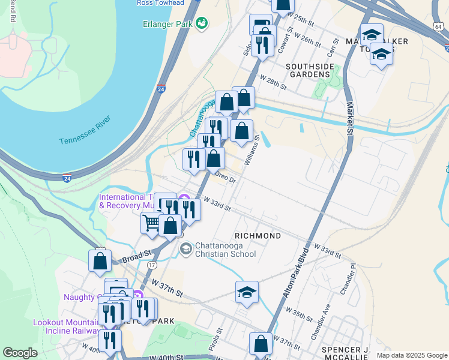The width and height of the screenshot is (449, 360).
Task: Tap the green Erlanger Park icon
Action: coord(201,23)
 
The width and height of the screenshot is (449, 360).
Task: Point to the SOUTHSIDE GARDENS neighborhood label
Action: coord(309,70)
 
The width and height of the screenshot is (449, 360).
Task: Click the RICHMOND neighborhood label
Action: coord(258,236)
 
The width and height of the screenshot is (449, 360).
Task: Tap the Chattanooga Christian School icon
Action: coord(186,248)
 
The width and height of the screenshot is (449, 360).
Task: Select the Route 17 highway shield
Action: coord(151,265)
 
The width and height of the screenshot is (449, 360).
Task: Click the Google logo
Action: coord(20,353)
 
